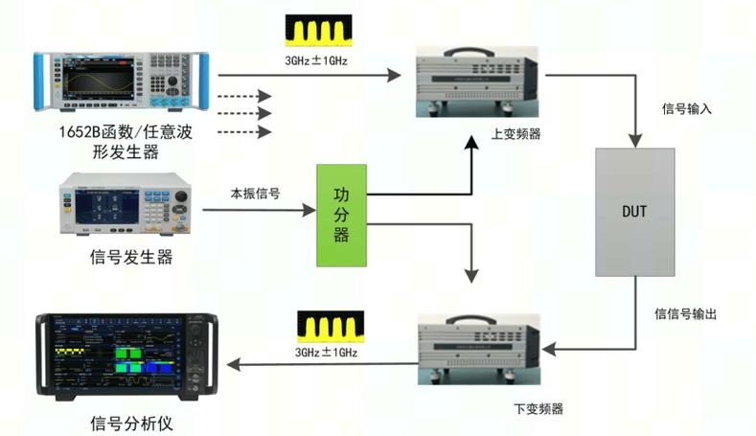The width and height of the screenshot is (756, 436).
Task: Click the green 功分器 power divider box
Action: (x=341, y=215)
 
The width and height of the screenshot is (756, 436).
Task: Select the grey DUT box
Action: (x=633, y=211)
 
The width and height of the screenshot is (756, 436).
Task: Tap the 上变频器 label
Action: (x=515, y=134)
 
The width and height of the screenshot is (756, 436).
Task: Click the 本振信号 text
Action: (x=255, y=194)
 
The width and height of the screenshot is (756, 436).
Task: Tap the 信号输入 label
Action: (x=687, y=108)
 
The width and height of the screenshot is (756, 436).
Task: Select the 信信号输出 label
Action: (x=686, y=314)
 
